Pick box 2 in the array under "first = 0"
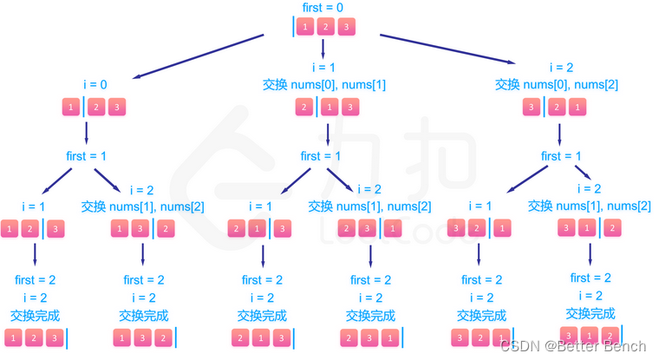coord(326,28)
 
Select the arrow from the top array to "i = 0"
coord(199,56)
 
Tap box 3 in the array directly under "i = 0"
coord(116,108)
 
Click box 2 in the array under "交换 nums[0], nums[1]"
coord(304,108)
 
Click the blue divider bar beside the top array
coord(294,28)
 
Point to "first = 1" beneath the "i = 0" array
coord(87,157)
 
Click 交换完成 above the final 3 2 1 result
coord(479,315)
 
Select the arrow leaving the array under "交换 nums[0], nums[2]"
coord(559,135)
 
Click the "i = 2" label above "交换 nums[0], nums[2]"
coord(562,68)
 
